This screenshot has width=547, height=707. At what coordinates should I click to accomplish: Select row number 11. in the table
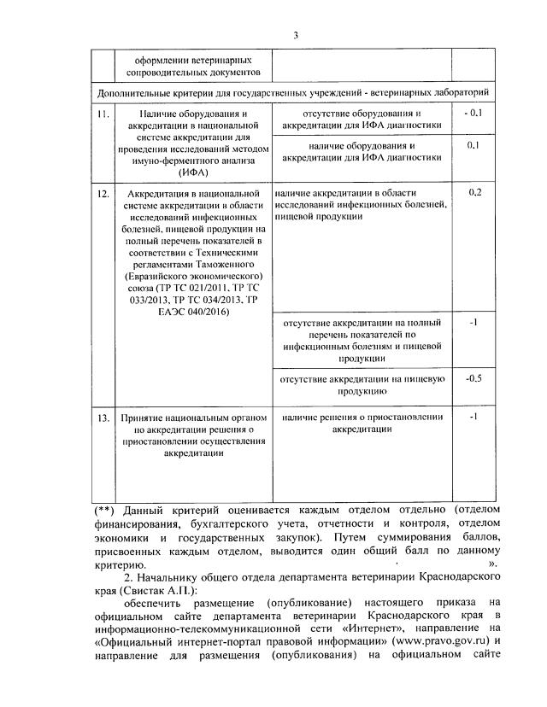tap(103, 114)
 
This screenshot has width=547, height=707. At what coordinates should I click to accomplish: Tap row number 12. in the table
tap(103, 194)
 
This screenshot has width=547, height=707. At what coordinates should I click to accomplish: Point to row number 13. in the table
tap(103, 418)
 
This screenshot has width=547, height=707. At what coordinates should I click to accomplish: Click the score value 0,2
tap(476, 192)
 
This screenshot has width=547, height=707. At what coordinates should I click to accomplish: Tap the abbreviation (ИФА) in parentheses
tap(186, 173)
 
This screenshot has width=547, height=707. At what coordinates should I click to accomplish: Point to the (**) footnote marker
tap(104, 511)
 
